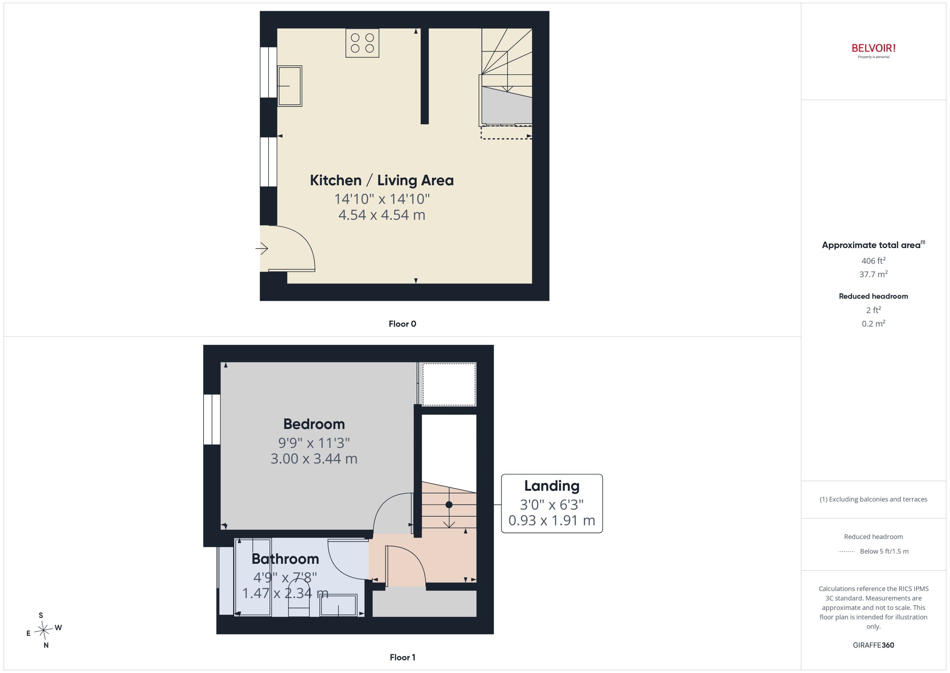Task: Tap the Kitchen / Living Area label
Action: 382,180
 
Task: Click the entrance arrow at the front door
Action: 262,249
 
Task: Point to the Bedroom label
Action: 314,424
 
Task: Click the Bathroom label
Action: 285,559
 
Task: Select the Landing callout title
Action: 552,486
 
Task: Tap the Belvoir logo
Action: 873,51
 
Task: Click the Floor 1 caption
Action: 402,657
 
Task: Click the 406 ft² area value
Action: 873,261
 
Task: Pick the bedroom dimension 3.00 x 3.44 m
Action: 314,459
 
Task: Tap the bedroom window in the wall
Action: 212,420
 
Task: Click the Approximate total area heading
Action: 873,245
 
